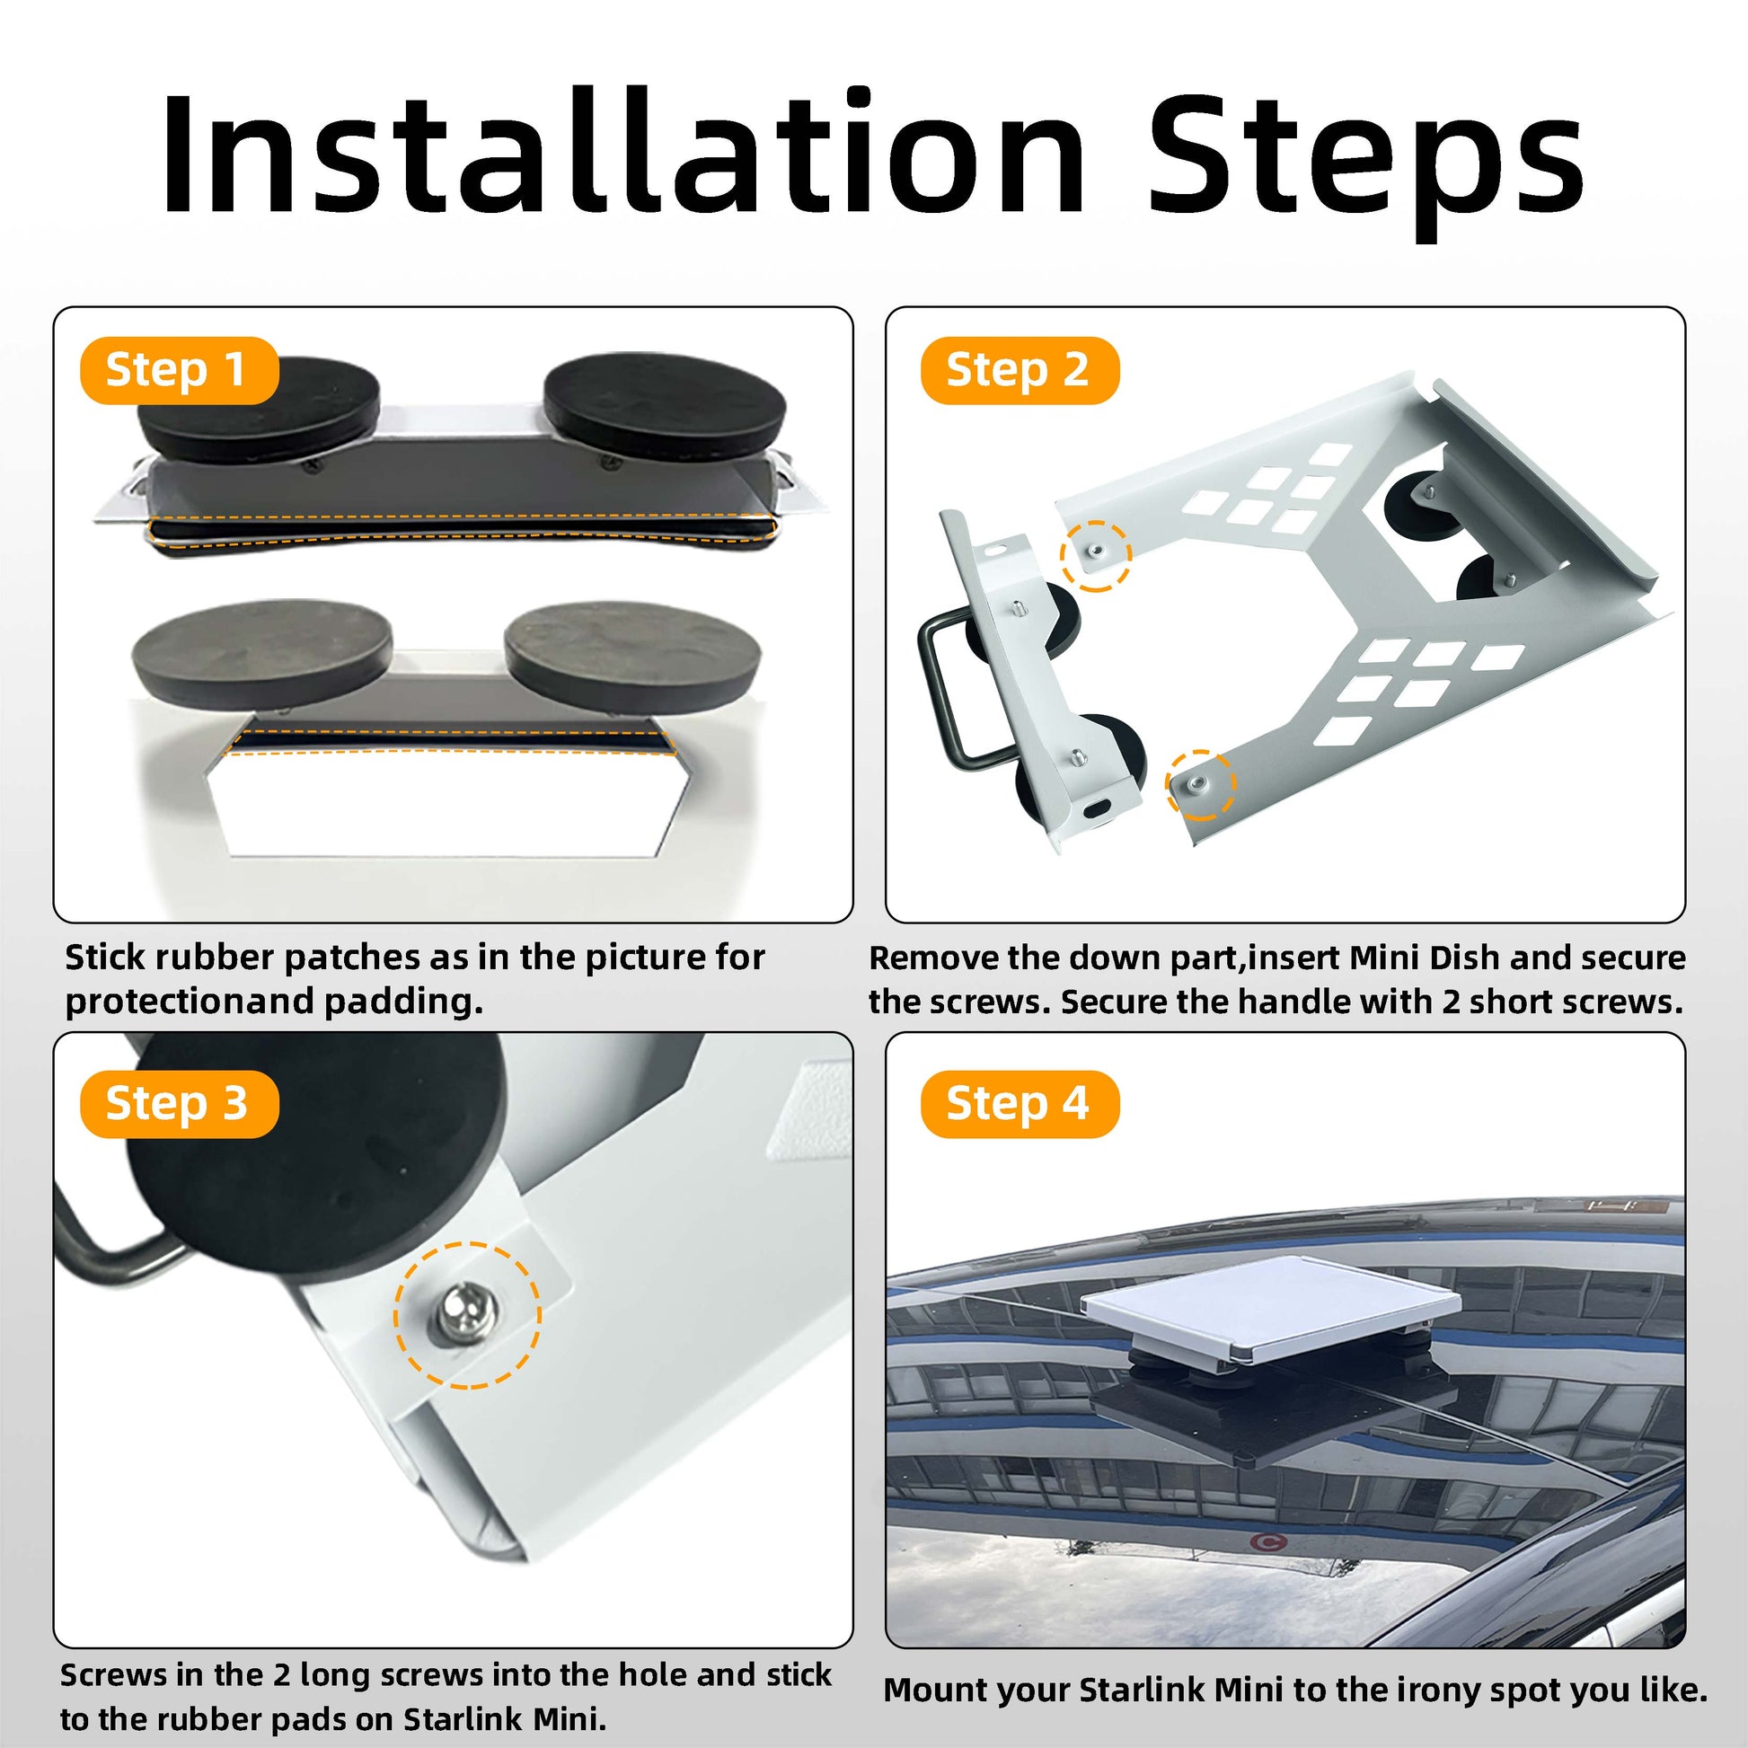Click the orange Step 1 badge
point(179,370)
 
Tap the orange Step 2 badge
point(1020,370)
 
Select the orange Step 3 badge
point(179,1104)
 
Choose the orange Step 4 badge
point(1020,1104)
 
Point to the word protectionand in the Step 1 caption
point(190,1002)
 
